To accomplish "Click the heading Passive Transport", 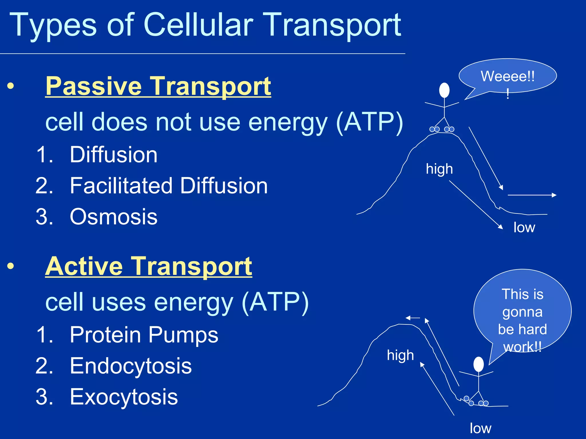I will pos(158,86).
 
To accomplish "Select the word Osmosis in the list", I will pos(114,217).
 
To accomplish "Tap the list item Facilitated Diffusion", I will pos(169,186).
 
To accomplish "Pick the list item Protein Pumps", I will pos(144,334).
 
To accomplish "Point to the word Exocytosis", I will pos(124,397).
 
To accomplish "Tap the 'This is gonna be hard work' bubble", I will pos(522,312).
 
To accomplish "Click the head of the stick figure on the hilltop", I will pos(444,90).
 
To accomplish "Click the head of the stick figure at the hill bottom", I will pos(478,364).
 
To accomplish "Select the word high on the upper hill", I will pos(439,169).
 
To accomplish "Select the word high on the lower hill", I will pos(400,355).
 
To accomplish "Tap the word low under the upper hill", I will pos(524,228).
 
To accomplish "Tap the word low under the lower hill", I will pos(480,428).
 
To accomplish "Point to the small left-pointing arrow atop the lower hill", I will pos(413,318).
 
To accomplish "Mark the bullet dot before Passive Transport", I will pos(11,86).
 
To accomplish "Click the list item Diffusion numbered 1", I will pos(114,155).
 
